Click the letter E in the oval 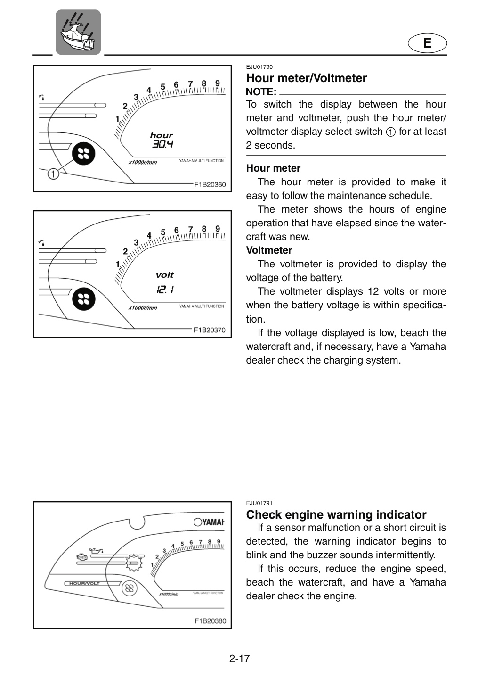pyautogui.click(x=427, y=43)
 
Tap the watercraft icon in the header pyautogui.click(x=78, y=32)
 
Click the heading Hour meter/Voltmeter pyautogui.click(x=307, y=78)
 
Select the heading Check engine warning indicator pyautogui.click(x=336, y=514)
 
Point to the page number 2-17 pyautogui.click(x=239, y=658)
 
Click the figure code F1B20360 pyautogui.click(x=210, y=185)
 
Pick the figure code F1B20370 pyautogui.click(x=210, y=330)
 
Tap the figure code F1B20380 pyautogui.click(x=211, y=621)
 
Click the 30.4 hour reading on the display pyautogui.click(x=162, y=144)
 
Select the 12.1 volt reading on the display pyautogui.click(x=165, y=290)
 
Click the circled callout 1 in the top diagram pyautogui.click(x=53, y=174)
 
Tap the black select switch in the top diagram pyautogui.click(x=83, y=154)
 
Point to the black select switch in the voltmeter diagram pyautogui.click(x=83, y=299)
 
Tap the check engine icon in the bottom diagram pyautogui.click(x=82, y=557)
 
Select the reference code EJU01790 pyautogui.click(x=259, y=67)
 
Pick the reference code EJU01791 pyautogui.click(x=259, y=503)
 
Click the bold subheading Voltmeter pyautogui.click(x=269, y=250)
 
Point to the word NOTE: pyautogui.click(x=261, y=92)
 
